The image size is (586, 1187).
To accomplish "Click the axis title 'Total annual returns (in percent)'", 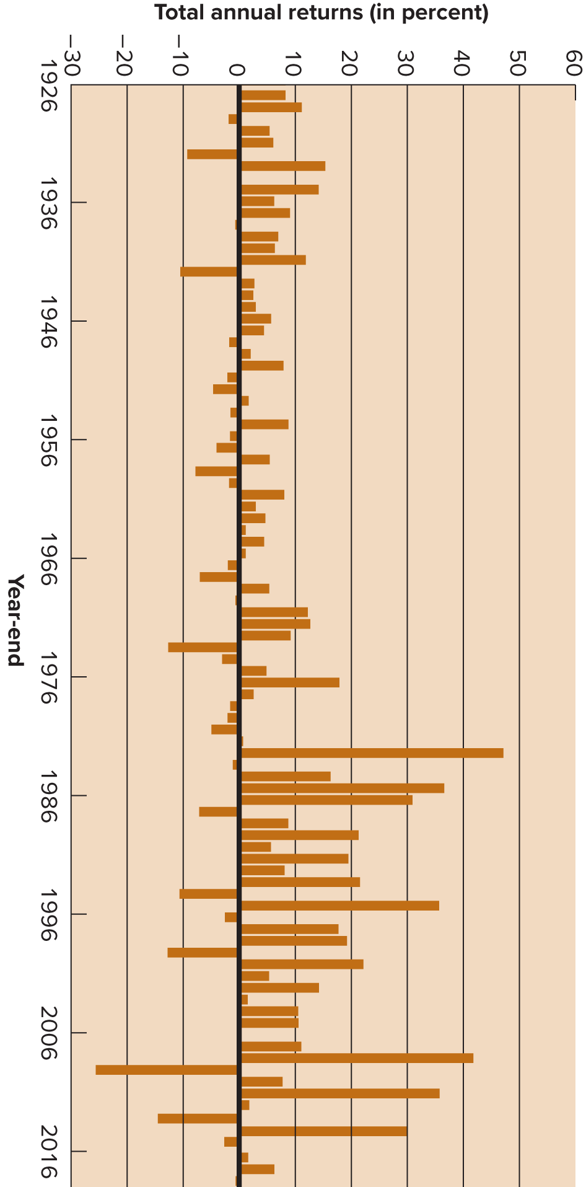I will (x=321, y=13).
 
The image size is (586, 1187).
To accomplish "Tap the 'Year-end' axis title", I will (x=15, y=619).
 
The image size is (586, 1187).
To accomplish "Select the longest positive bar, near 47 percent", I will (x=372, y=753).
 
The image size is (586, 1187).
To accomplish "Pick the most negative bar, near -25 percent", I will (x=166, y=1070).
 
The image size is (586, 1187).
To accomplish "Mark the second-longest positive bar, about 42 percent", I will (x=357, y=1058).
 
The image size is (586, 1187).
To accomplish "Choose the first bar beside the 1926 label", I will (x=263, y=95).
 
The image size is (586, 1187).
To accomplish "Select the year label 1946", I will (x=48, y=321).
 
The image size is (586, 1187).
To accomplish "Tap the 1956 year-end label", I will (x=48, y=440).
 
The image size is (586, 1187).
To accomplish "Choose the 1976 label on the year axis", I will (x=48, y=677).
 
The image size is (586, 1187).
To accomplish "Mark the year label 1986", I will (x=48, y=796).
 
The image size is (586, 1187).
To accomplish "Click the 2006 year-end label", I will (x=48, y=1033).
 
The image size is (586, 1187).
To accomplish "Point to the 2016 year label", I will (x=48, y=1152).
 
